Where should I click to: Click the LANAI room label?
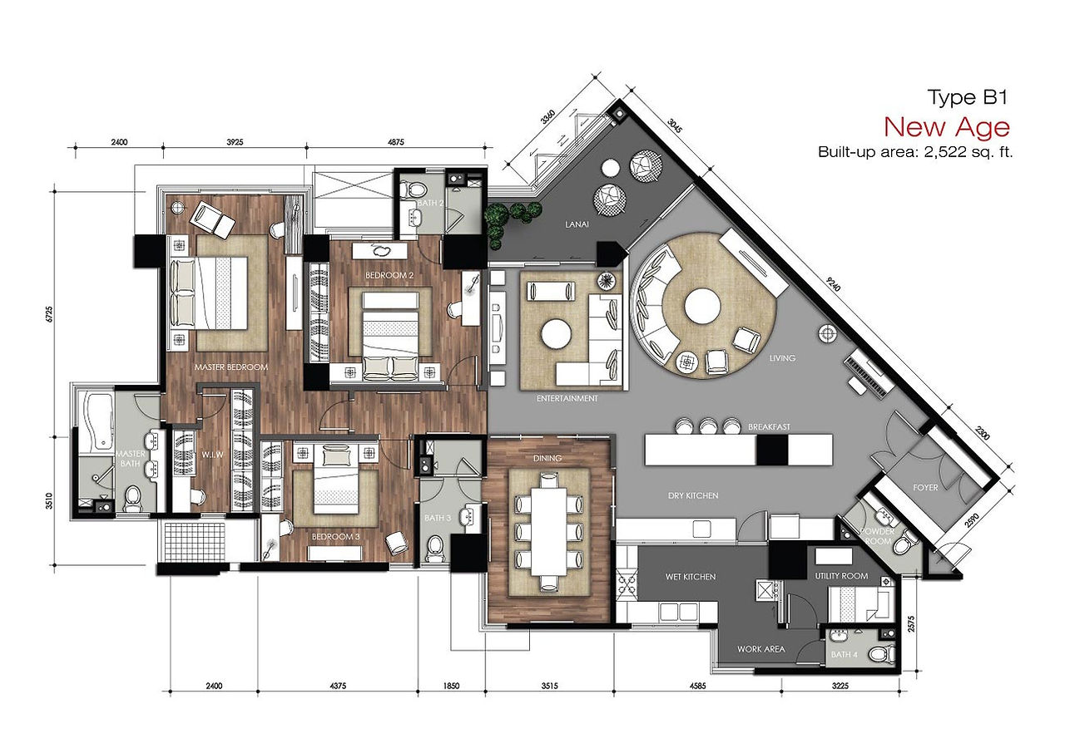[x=577, y=224]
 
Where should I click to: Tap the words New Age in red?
[x=947, y=127]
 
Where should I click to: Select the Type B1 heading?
[x=968, y=97]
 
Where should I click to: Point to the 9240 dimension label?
[x=834, y=284]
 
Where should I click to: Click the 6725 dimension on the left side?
[x=49, y=314]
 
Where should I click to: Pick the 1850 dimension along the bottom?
[x=451, y=686]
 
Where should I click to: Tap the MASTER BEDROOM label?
[x=231, y=367]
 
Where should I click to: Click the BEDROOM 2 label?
[x=389, y=275]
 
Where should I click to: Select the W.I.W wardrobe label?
[x=212, y=455]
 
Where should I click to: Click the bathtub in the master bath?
[x=97, y=421]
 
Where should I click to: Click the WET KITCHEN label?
[x=691, y=576]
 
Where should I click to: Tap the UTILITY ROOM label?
[x=841, y=576]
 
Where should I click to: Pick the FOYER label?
[x=926, y=488]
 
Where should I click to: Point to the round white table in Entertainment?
[x=556, y=333]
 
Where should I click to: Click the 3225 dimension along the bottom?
[x=840, y=686]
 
